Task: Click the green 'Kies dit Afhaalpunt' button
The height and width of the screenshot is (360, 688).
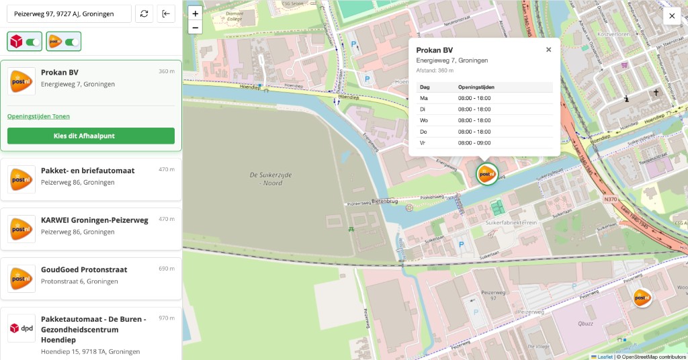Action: click(91, 136)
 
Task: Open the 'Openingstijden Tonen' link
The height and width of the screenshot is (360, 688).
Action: click(38, 116)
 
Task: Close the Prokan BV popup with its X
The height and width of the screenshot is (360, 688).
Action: click(548, 50)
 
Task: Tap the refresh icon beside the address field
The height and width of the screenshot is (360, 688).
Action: click(144, 13)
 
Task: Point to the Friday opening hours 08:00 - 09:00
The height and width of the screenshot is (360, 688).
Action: click(474, 142)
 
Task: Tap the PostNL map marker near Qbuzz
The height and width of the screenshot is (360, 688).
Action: click(642, 297)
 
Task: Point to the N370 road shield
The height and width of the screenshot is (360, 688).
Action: click(610, 199)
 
